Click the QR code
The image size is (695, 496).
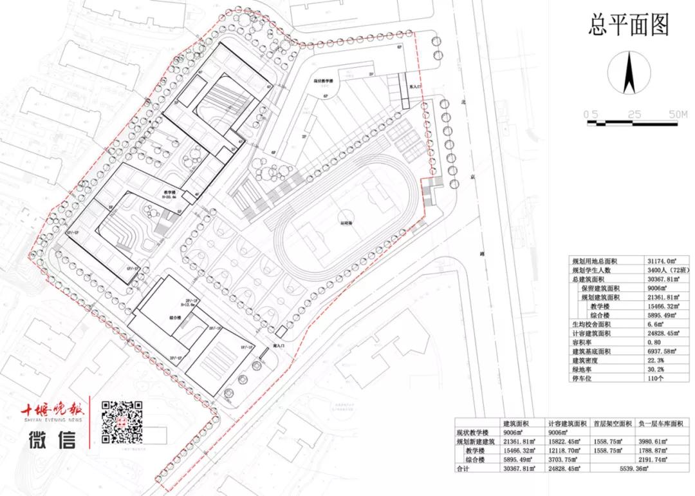click(x=122, y=422)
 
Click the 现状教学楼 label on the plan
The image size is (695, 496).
click(x=323, y=81)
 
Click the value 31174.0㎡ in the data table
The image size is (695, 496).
click(x=663, y=261)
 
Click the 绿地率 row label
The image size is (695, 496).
click(x=585, y=369)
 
